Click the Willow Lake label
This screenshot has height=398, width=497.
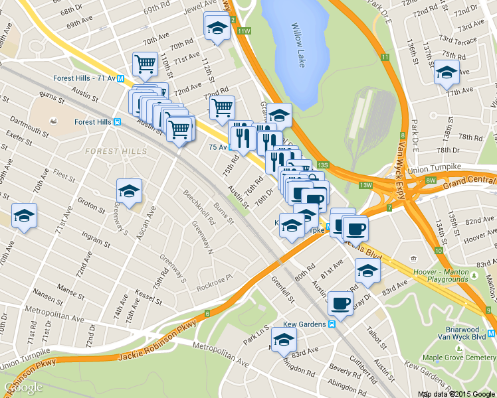click(297, 36)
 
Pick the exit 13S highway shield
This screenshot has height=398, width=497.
click(323, 165)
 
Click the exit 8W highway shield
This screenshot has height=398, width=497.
click(431, 180)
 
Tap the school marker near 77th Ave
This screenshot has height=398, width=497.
click(447, 73)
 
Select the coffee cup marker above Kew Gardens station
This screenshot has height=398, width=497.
click(341, 303)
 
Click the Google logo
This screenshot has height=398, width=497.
click(23, 387)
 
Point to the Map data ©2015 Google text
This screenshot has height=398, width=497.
click(456, 394)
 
